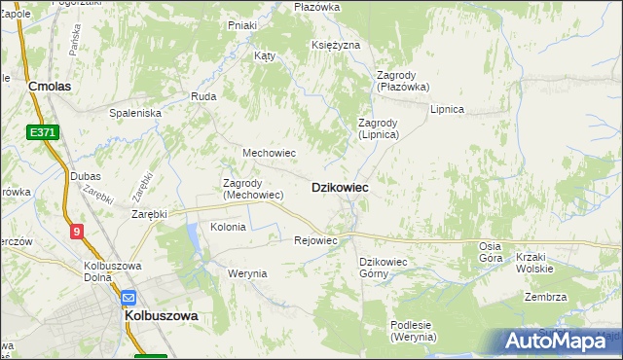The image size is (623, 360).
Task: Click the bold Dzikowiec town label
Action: point(339,188)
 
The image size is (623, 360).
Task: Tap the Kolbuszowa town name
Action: point(161,316)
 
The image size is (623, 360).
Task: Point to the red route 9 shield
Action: point(76,231)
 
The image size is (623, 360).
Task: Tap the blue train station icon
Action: point(128,298)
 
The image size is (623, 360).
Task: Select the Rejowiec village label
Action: point(315,240)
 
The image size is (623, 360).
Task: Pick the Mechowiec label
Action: point(269,153)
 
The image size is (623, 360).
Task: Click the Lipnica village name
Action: point(447,109)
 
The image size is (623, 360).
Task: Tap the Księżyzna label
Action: point(336,46)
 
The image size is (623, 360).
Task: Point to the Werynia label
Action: point(247,273)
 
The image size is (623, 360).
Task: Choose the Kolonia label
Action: point(229,227)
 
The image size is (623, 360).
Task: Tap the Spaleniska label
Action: point(135,113)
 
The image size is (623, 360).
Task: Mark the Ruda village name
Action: point(203,96)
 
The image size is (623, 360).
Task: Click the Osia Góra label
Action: point(491,252)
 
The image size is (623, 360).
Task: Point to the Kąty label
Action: point(265,55)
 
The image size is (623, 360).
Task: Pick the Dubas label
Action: point(86,176)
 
